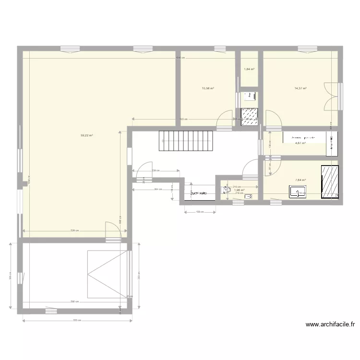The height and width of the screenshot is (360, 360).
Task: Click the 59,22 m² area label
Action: [x=87, y=135]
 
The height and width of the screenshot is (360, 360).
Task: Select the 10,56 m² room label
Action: [x=208, y=88]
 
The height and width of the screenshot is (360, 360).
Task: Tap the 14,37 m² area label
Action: [x=300, y=88]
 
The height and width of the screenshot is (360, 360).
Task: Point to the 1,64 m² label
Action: [x=249, y=69]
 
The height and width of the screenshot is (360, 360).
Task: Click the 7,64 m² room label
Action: [x=300, y=180]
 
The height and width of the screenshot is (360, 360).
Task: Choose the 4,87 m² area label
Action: [x=300, y=143]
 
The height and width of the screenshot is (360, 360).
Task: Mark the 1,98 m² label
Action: [x=240, y=190]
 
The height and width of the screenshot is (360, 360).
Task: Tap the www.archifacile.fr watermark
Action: [x=330, y=324]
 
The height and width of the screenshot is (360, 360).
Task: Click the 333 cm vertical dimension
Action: [x=139, y=277]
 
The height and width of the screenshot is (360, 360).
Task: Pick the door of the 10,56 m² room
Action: [x=223, y=119]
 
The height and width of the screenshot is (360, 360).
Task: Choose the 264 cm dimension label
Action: [x=156, y=190]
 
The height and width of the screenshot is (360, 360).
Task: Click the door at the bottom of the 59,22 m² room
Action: [x=113, y=229]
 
